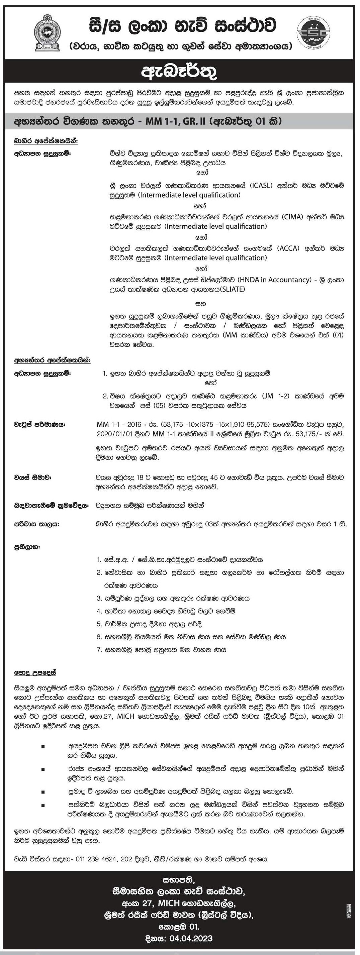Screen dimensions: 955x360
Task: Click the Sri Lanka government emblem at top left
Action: click(47, 33)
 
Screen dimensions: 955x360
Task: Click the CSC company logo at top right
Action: click(313, 33)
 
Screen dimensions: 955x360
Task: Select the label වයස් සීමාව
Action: click(33, 477)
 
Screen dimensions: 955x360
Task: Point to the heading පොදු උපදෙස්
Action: click(35, 673)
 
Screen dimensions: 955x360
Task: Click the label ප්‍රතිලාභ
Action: click(27, 547)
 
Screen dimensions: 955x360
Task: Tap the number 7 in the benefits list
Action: click(99, 649)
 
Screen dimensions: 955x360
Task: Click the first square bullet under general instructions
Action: click(43, 746)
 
